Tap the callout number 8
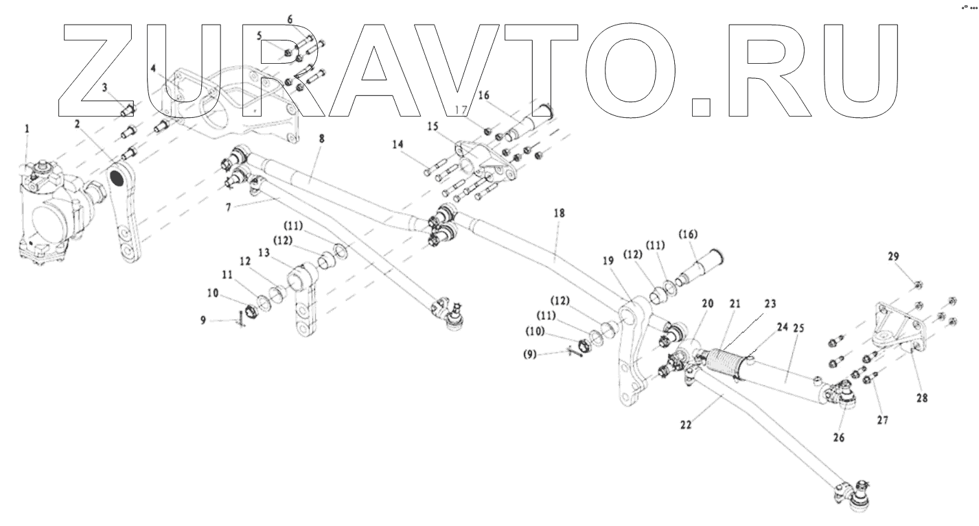pyautogui.click(x=322, y=139)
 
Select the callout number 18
pyautogui.click(x=560, y=214)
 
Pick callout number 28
pyautogui.click(x=923, y=398)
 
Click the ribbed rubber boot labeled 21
pyautogui.click(x=728, y=363)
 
